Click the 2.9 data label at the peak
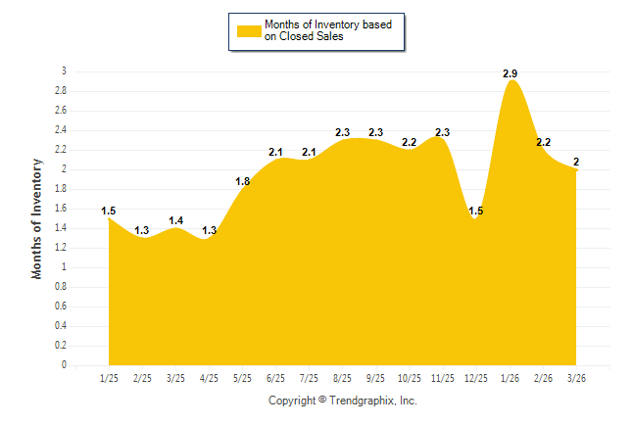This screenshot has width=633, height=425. pos(510,74)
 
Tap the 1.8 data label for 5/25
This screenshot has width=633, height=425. pos(242,181)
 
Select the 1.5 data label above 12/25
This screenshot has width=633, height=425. pos(476,211)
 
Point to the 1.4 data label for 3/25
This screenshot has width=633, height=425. pos(175,220)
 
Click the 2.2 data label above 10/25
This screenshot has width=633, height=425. pos(410,142)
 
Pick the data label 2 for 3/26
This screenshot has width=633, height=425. pos(576,162)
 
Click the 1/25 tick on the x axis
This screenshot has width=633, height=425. pos(109,377)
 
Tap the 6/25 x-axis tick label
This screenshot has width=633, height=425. pos(275,377)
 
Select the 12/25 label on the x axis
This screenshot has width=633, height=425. pos(476,377)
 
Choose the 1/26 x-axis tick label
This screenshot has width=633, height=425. pos(510,377)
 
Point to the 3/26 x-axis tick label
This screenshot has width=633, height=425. pos(576,377)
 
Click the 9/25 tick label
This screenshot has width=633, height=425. pos(376,377)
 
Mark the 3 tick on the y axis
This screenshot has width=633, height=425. pos(64,71)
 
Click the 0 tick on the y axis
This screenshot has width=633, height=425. pos(64,365)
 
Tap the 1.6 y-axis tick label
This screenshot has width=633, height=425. pos(61,209)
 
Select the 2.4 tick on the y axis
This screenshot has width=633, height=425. pos(61,130)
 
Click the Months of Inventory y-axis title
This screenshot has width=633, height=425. pos(37,218)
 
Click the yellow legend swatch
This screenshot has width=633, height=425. pos(249,30)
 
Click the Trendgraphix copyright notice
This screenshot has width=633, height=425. pos(343,401)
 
